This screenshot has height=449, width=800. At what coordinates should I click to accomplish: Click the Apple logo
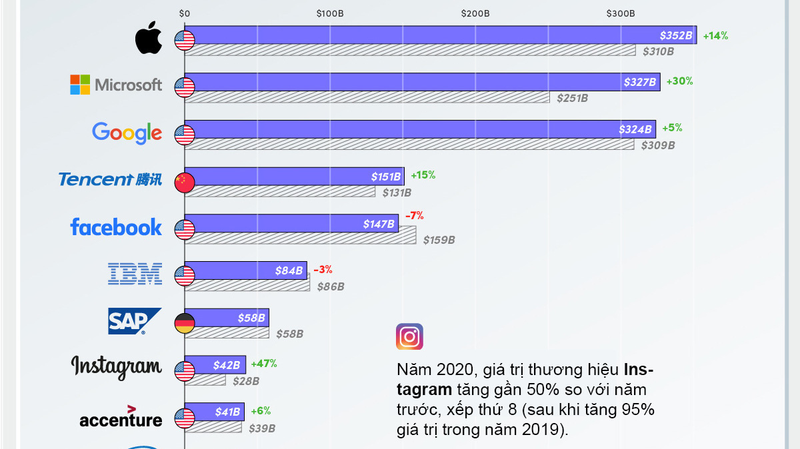pos(148,39)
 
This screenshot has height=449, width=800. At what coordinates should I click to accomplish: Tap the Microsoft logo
pos(116,85)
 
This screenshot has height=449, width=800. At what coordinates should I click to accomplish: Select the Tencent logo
pos(110,179)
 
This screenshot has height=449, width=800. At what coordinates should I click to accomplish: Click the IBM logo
pos(135,273)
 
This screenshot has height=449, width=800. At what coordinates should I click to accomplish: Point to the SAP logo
pos(135,321)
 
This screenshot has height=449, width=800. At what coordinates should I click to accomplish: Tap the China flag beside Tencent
pos(184,182)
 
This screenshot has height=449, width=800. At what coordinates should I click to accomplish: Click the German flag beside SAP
pos(184,323)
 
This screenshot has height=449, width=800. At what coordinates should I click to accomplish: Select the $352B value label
pos(676,35)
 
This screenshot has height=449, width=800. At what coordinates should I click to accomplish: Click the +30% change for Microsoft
pos(679,81)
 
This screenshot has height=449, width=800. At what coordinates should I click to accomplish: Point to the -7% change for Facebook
pos(414,216)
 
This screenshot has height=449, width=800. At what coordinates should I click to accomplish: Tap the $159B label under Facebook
pos(439,240)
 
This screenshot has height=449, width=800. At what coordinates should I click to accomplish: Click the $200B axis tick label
pos(475,13)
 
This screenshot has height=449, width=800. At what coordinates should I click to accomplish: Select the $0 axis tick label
pos(185,13)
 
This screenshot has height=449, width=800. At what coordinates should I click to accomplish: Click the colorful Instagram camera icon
pos(409,337)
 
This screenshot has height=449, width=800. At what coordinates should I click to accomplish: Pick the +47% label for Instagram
pos(263,364)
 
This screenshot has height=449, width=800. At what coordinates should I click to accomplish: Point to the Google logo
pos(127,133)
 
